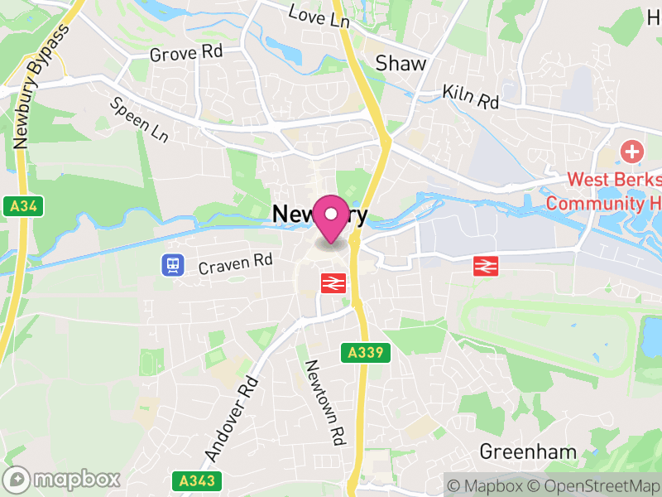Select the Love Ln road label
tap(319, 16)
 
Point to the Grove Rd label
tap(186, 53)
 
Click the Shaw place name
tap(401, 63)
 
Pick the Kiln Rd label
tap(471, 96)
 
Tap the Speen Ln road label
tap(139, 118)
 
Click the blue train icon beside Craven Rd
tap(173, 264)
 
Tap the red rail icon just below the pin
tap(333, 283)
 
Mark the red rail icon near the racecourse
tap(484, 266)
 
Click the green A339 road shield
tap(366, 353)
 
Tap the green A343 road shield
tap(187, 480)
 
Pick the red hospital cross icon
tap(632, 152)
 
